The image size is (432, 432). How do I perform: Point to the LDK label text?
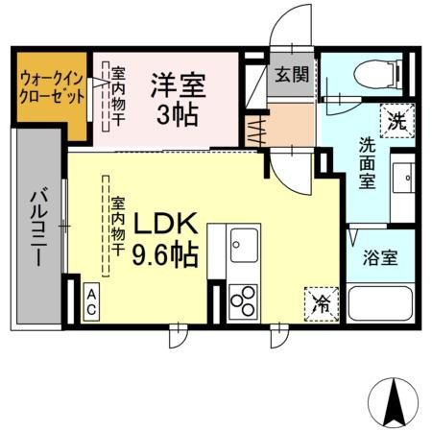coord(165,225)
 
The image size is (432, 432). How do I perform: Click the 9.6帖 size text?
coord(165,257)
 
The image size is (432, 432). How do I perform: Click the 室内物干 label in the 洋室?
coord(118,93)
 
